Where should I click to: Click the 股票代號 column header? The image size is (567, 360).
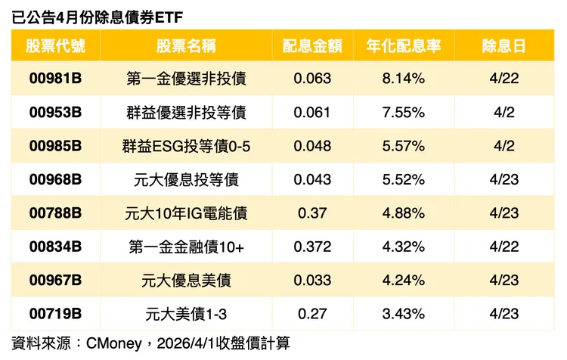click(55, 45)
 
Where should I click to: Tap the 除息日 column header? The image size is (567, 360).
click(504, 45)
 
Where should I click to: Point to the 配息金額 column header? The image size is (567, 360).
click(313, 45)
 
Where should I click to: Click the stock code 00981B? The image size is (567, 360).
click(55, 79)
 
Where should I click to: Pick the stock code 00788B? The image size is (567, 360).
click(55, 213)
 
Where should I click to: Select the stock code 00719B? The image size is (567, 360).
click(55, 314)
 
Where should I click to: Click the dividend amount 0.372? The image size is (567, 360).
click(314, 247)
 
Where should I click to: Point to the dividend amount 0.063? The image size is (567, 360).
click(314, 79)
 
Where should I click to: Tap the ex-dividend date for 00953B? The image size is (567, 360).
click(504, 113)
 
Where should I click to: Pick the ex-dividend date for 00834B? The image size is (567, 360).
click(504, 247)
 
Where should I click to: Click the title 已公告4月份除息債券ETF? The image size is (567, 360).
click(98, 16)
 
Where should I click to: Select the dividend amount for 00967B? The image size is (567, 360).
click(314, 281)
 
